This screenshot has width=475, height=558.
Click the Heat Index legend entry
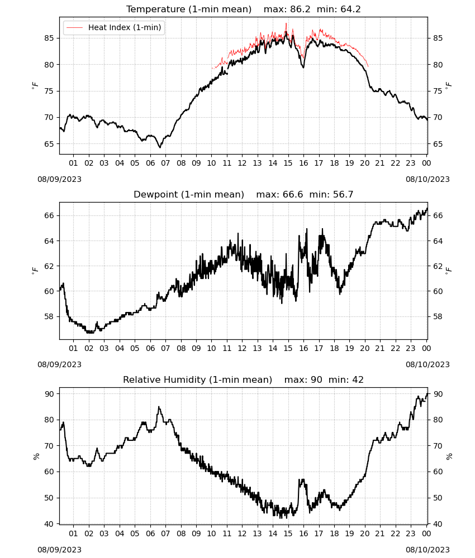coord(113,27)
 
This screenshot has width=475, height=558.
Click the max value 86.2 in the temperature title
coord(300,9)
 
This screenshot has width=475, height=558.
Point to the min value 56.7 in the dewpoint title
coord(343,194)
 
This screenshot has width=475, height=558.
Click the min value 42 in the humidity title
coord(358,379)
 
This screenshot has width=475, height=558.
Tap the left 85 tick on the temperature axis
coord(49,38)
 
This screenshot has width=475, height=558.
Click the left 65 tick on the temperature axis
coord(49,144)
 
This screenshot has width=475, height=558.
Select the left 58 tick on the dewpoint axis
coord(49,316)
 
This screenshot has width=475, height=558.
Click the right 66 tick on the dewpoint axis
coord(438,215)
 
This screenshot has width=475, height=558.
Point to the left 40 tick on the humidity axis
coord(49,524)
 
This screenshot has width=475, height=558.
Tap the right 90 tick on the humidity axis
coord(438,394)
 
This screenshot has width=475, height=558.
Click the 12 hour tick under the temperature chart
coord(242,163)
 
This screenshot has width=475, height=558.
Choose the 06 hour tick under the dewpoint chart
coord(150,348)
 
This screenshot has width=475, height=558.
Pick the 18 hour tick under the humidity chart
coord(334,533)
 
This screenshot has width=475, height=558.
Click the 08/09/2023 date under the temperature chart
coord(59,179)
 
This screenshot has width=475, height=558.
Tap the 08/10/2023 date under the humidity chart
coord(427,550)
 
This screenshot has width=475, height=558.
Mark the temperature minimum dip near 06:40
coord(160,147)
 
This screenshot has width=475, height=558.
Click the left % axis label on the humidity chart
coord(36,456)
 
